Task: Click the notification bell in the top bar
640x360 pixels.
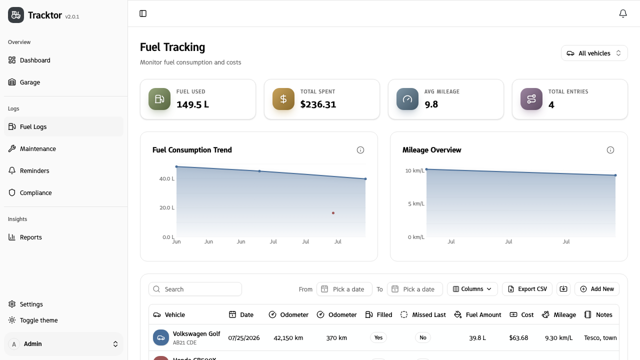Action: [x=623, y=13]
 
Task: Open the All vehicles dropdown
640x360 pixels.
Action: [x=594, y=53]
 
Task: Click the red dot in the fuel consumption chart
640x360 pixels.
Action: [x=333, y=213]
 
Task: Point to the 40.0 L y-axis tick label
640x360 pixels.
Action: [x=167, y=179]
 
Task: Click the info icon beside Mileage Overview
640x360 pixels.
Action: [x=610, y=150]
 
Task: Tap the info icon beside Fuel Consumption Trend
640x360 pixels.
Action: [x=360, y=150]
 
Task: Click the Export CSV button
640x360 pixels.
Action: [x=527, y=289]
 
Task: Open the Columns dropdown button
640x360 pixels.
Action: [x=472, y=289]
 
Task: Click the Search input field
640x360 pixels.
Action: [x=195, y=289]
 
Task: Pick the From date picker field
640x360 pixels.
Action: [x=344, y=289]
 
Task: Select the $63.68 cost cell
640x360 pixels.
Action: [x=518, y=338]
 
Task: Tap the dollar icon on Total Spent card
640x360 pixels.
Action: [x=283, y=99]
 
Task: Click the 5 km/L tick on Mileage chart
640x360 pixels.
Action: [x=416, y=203]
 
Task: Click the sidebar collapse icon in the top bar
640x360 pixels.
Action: [x=143, y=13]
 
